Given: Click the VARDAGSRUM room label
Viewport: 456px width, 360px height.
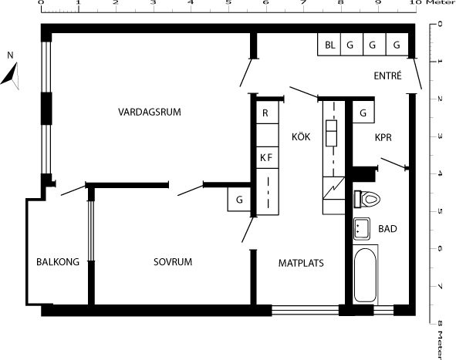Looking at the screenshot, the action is tap(150, 112).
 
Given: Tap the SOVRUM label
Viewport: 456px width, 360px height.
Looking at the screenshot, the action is tap(173, 262).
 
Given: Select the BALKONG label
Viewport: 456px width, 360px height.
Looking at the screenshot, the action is tap(58, 262).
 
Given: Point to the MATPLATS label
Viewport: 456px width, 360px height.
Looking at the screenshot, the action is tap(301, 263).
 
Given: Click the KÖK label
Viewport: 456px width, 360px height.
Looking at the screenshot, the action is tap(301, 136).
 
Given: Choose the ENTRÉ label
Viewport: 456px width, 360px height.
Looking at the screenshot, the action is tap(387, 76).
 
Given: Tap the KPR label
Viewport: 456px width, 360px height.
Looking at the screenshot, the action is tap(383, 137).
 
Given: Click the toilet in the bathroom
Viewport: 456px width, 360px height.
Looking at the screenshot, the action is tap(367, 199).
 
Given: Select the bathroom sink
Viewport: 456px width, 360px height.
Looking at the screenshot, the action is tap(362, 229).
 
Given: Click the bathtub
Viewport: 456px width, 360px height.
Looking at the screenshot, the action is tap(365, 274).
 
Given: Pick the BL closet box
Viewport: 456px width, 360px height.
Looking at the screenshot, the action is tap(329, 45).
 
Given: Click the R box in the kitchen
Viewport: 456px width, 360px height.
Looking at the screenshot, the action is tap(267, 113).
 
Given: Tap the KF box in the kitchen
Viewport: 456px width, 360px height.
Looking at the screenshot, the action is tap(267, 157).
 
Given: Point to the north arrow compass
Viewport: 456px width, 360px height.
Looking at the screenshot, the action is tap(11, 76).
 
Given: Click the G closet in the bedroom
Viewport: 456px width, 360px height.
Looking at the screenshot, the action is tap(239, 200).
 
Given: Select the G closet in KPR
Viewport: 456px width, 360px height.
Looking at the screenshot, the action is tap(363, 112).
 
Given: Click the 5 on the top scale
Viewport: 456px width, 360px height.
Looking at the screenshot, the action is tap(228, 2).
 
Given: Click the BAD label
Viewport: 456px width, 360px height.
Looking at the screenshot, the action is tap(387, 229).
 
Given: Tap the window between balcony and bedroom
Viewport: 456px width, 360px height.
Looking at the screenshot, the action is tap(91, 230).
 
